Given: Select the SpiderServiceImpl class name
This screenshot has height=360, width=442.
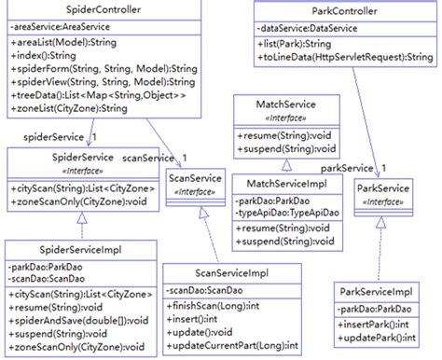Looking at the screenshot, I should pyautogui.click(x=75, y=250).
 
